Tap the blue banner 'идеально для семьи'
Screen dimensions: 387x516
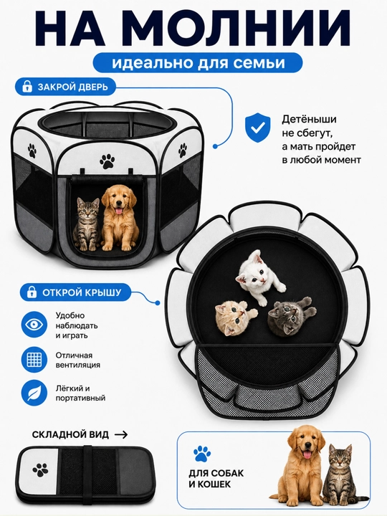tap(198, 62)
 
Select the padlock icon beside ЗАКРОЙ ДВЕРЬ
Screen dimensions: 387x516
tap(27, 87)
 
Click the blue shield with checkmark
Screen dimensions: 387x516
tap(257, 128)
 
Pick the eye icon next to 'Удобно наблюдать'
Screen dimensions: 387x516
tap(34, 325)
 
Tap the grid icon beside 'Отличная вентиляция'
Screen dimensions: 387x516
tap(34, 359)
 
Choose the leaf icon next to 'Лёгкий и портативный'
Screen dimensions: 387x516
tap(34, 393)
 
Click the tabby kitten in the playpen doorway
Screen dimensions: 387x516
tap(86, 224)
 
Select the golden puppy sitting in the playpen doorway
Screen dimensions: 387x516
tap(119, 217)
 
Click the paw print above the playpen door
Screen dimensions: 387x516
tap(107, 161)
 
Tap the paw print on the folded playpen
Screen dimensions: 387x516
tap(40, 469)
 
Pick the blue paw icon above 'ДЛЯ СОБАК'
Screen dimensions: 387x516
tap(201, 454)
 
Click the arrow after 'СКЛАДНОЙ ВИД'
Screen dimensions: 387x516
tap(121, 435)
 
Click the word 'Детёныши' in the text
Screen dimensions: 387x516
tap(309, 119)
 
